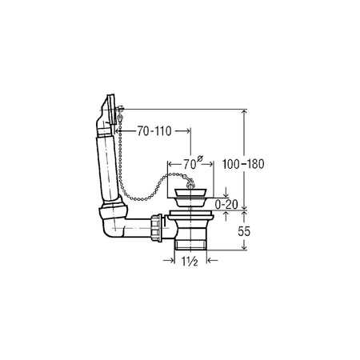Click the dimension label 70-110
coord(154,131)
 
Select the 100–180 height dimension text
coord(243,164)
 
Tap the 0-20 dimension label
coord(226,205)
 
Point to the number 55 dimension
coord(244,231)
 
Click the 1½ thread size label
coord(190,262)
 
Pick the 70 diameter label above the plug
coord(192,162)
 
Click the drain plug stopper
coord(190,197)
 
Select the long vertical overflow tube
coord(107,169)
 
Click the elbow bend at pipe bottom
coord(113,223)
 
